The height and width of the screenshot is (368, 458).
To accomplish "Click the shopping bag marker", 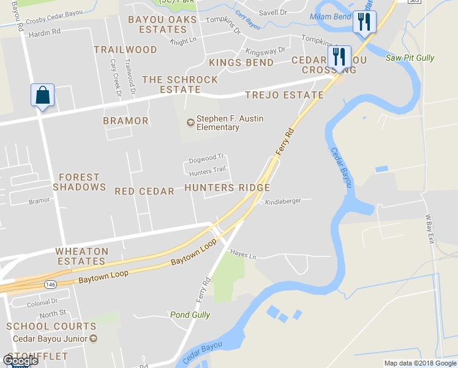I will (42, 96).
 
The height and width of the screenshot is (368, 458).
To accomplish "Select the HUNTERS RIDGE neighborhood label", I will (227, 188).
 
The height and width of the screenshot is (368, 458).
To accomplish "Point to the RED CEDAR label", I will (145, 191).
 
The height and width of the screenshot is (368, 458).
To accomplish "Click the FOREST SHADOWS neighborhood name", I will (80, 182).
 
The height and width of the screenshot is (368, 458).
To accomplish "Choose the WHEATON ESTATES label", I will (82, 256).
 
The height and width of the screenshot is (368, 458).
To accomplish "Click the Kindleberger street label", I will (283, 201).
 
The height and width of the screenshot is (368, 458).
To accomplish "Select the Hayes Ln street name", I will (243, 253).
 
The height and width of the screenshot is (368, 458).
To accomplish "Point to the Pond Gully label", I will (190, 315).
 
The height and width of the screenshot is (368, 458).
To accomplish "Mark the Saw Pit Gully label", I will (410, 58).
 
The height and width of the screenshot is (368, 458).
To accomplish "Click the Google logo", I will (20, 361).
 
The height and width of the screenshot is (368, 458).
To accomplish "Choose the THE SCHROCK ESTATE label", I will (180, 85).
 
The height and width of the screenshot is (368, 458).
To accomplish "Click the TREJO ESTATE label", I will (284, 95).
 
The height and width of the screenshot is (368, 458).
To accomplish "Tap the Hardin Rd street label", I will (45, 31).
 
